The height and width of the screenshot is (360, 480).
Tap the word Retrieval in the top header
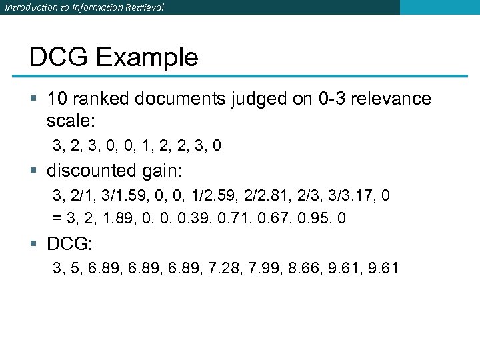click(141, 7)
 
